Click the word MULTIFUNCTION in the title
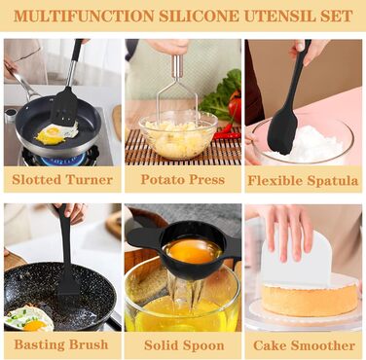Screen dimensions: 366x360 [84, 16]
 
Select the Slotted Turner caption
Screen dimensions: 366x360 [62, 179]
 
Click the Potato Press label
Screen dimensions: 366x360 [183, 179]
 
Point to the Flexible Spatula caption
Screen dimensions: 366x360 [303, 180]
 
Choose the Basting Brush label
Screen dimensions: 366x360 [61, 344]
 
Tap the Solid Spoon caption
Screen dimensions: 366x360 [184, 345]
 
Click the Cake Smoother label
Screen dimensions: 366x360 [304, 345]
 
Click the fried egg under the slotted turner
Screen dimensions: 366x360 [56, 133]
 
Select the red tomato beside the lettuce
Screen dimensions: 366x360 [235, 110]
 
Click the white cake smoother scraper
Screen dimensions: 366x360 [296, 256]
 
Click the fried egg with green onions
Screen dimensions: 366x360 [29, 319]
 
